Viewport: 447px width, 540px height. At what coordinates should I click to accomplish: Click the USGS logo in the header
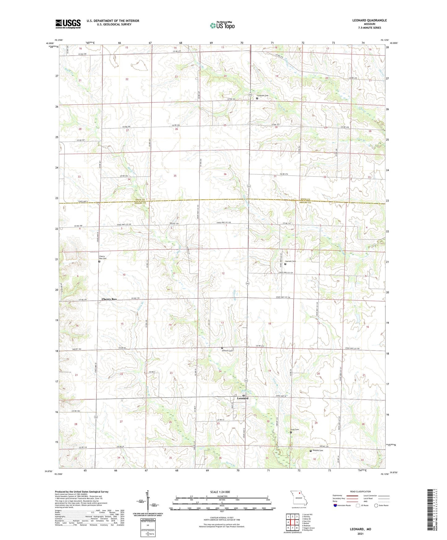tap(68, 24)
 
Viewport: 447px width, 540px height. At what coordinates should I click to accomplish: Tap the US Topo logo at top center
tap(222, 25)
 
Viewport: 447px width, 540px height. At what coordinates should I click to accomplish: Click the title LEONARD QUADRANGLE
tap(369, 20)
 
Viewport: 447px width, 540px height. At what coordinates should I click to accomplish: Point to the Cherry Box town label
tap(109, 299)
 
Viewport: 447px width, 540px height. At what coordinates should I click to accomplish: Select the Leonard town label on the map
tap(243, 398)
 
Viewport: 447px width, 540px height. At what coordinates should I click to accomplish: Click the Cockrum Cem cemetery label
tap(262, 96)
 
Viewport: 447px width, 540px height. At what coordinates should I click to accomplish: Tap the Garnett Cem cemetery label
tap(290, 262)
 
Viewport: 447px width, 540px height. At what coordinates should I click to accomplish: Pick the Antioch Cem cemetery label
tap(227, 351)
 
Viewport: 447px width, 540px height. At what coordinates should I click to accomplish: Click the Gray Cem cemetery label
tap(294, 430)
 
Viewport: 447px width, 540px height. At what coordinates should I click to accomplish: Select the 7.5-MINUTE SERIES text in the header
tap(370, 28)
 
